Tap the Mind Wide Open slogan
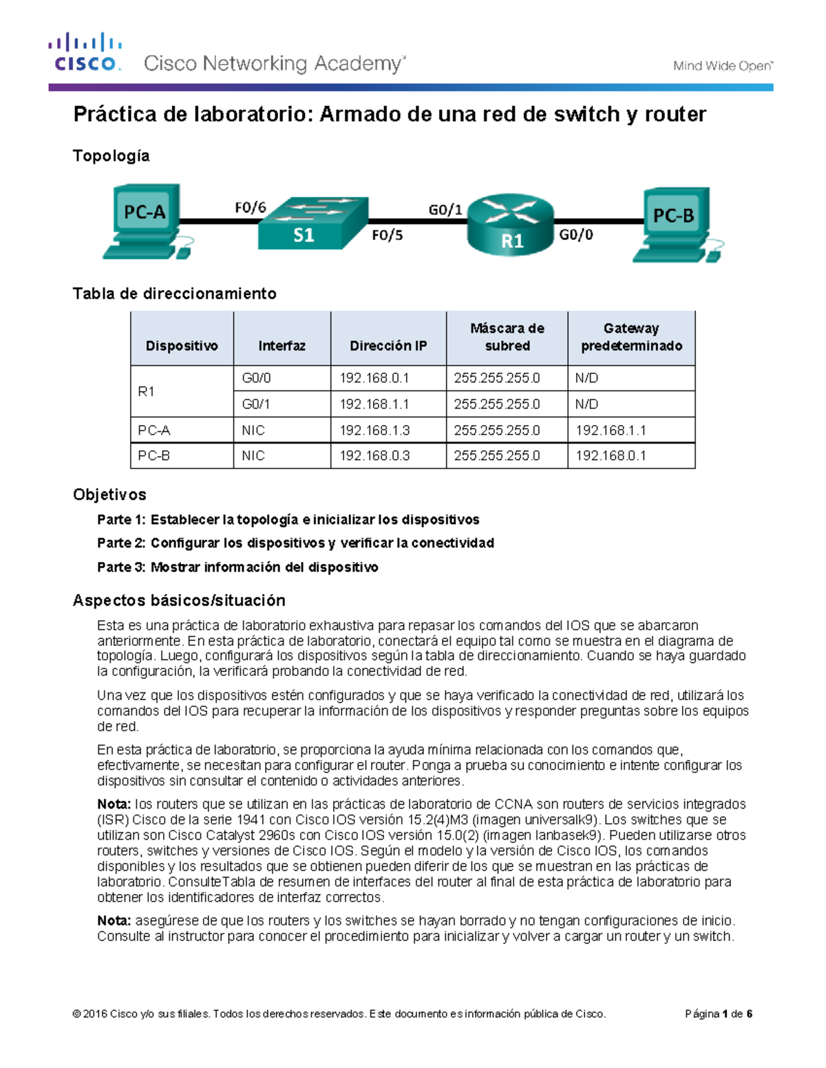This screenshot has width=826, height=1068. coord(723,66)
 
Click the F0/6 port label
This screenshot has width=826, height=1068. coord(250,207)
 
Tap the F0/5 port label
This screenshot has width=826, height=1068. coord(387,235)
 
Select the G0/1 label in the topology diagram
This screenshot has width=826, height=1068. coord(445,209)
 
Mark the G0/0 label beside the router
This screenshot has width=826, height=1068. coord(575,235)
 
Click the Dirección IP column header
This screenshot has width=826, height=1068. coord(388,346)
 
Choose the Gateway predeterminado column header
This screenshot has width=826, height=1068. coord(631,337)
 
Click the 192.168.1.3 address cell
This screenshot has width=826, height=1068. coord(374,431)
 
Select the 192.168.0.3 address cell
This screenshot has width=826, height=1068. coord(374,456)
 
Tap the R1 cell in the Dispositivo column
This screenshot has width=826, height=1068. coord(146,391)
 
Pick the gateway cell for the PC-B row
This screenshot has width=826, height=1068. coord(611,456)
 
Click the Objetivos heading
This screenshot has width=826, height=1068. coord(109,494)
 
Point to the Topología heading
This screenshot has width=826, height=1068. coord(111,156)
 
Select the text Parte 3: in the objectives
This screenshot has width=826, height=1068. coord(121,567)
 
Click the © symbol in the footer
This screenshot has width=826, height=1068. coord(76,1014)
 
